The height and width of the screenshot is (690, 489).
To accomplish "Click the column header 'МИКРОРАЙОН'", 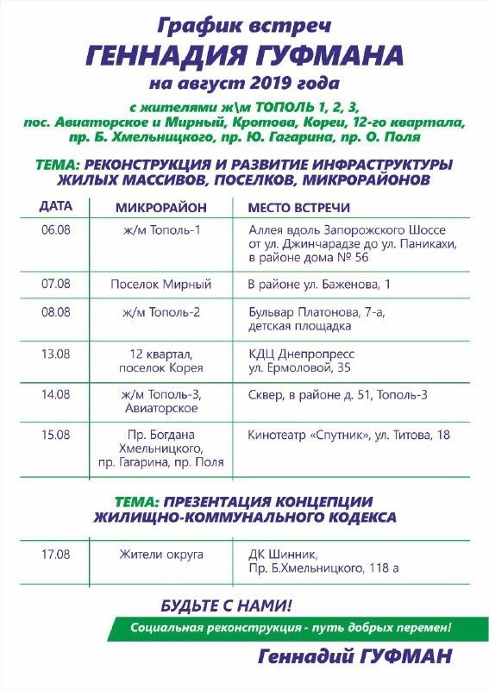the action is coord(161,209).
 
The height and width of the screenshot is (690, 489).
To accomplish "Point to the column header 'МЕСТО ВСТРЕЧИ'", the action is coord(298,209).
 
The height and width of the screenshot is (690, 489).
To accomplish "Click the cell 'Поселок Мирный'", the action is coord(161,284).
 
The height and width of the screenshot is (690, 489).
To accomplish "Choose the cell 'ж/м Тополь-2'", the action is coord(161,311).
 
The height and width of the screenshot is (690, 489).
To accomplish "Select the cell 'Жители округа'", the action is coord(161,554).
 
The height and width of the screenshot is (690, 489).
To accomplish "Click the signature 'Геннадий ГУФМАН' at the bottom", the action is coord(354,657).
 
